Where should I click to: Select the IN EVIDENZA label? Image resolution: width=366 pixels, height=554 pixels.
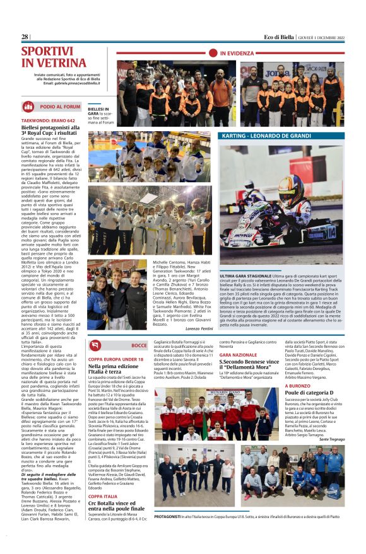[238, 54]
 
